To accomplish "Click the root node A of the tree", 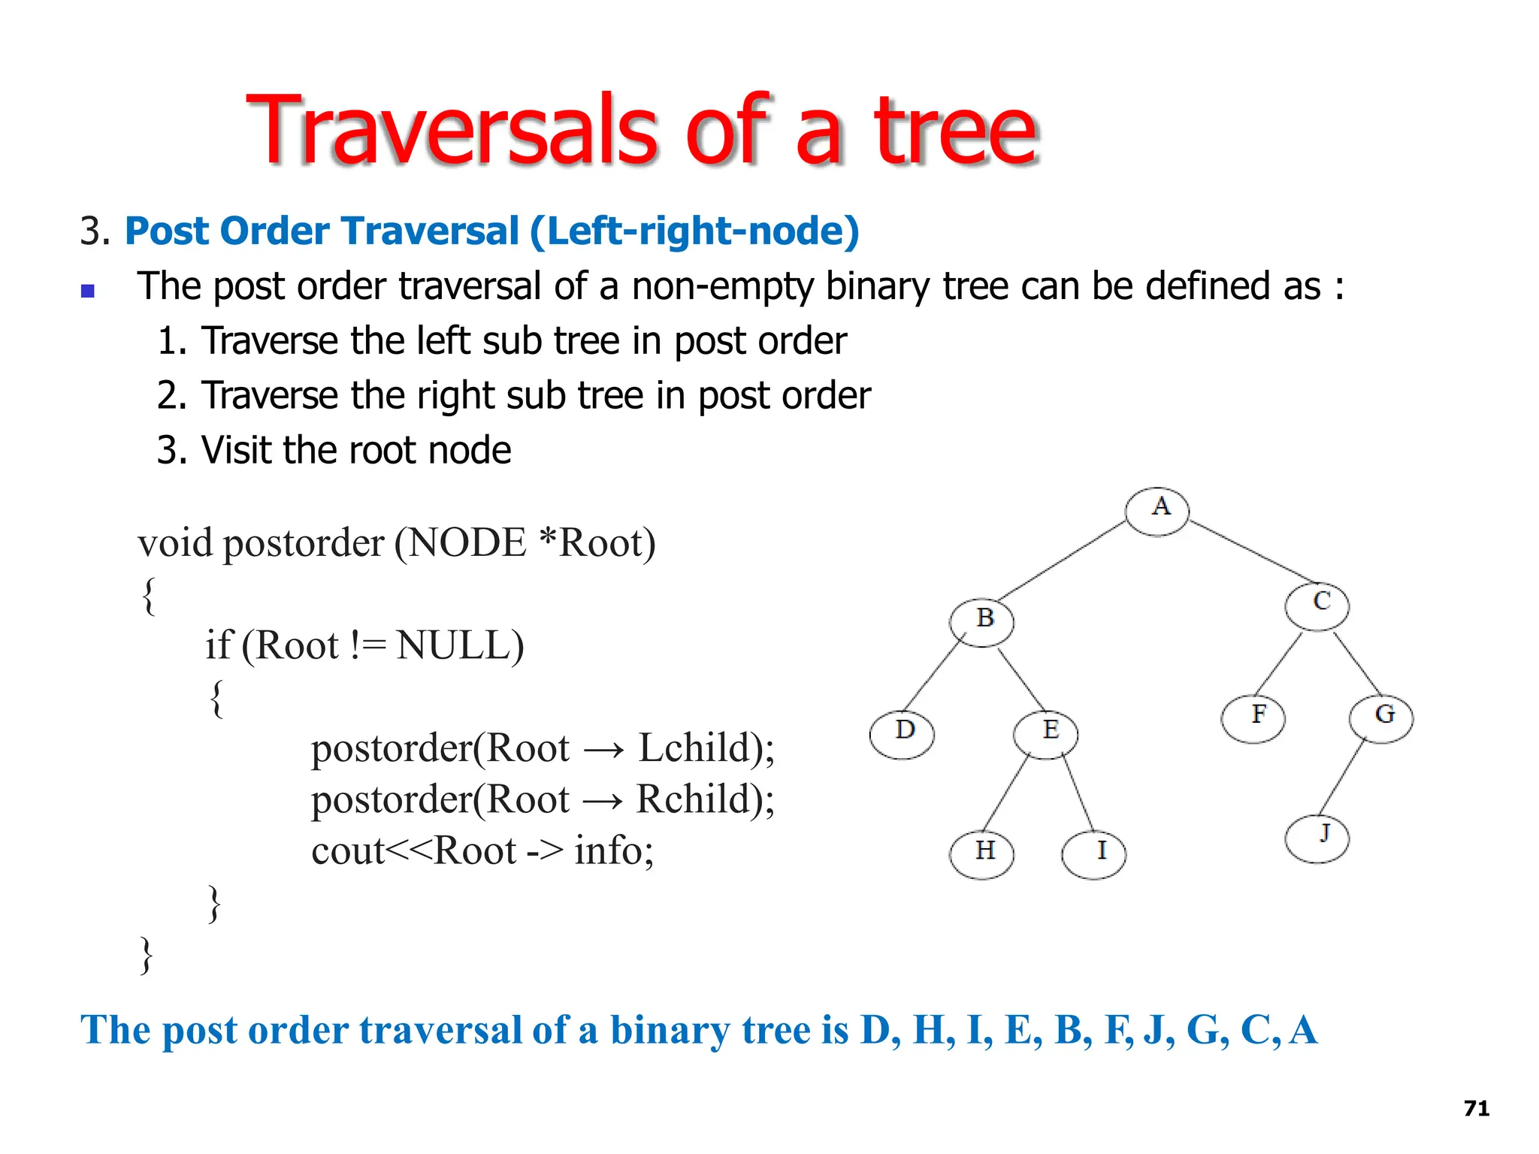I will coord(1157,511).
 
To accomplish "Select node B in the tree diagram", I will coord(981,622).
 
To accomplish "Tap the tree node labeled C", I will coord(1317,606).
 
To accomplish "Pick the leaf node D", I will coord(902,733).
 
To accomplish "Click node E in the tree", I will coord(1045,733).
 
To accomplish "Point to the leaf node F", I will coord(1253,718).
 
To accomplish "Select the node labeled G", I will coord(1381,718).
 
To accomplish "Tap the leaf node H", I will coord(981,854).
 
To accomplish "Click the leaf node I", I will coord(1094,854).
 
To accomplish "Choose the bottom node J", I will coord(1317,838).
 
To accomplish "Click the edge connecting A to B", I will coord(1061,560).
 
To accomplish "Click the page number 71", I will coord(1477,1108).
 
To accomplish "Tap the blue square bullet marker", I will coord(88,291).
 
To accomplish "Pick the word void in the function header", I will coord(175,542).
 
